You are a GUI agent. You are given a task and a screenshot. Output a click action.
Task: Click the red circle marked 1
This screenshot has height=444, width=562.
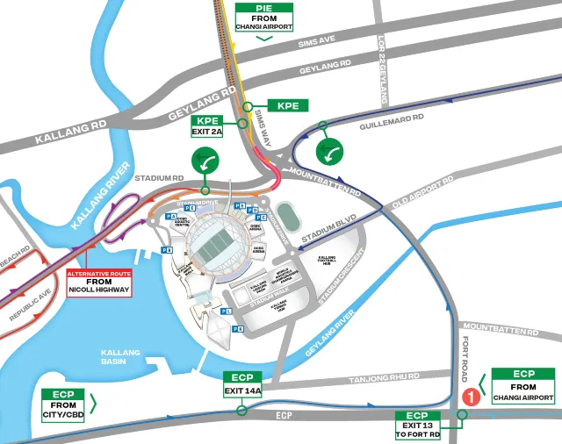(x=471, y=396)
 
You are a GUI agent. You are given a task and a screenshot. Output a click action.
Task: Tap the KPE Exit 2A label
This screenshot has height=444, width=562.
(x=208, y=126)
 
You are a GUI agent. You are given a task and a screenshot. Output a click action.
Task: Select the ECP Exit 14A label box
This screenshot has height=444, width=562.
(x=242, y=384)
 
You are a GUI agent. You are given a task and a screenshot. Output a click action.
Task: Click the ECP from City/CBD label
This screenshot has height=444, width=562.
(x=61, y=405)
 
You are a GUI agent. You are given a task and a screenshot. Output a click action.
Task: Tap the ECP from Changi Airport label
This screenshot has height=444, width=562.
(x=523, y=386)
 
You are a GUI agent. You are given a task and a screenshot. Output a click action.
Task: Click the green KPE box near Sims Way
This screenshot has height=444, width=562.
(x=287, y=105)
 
